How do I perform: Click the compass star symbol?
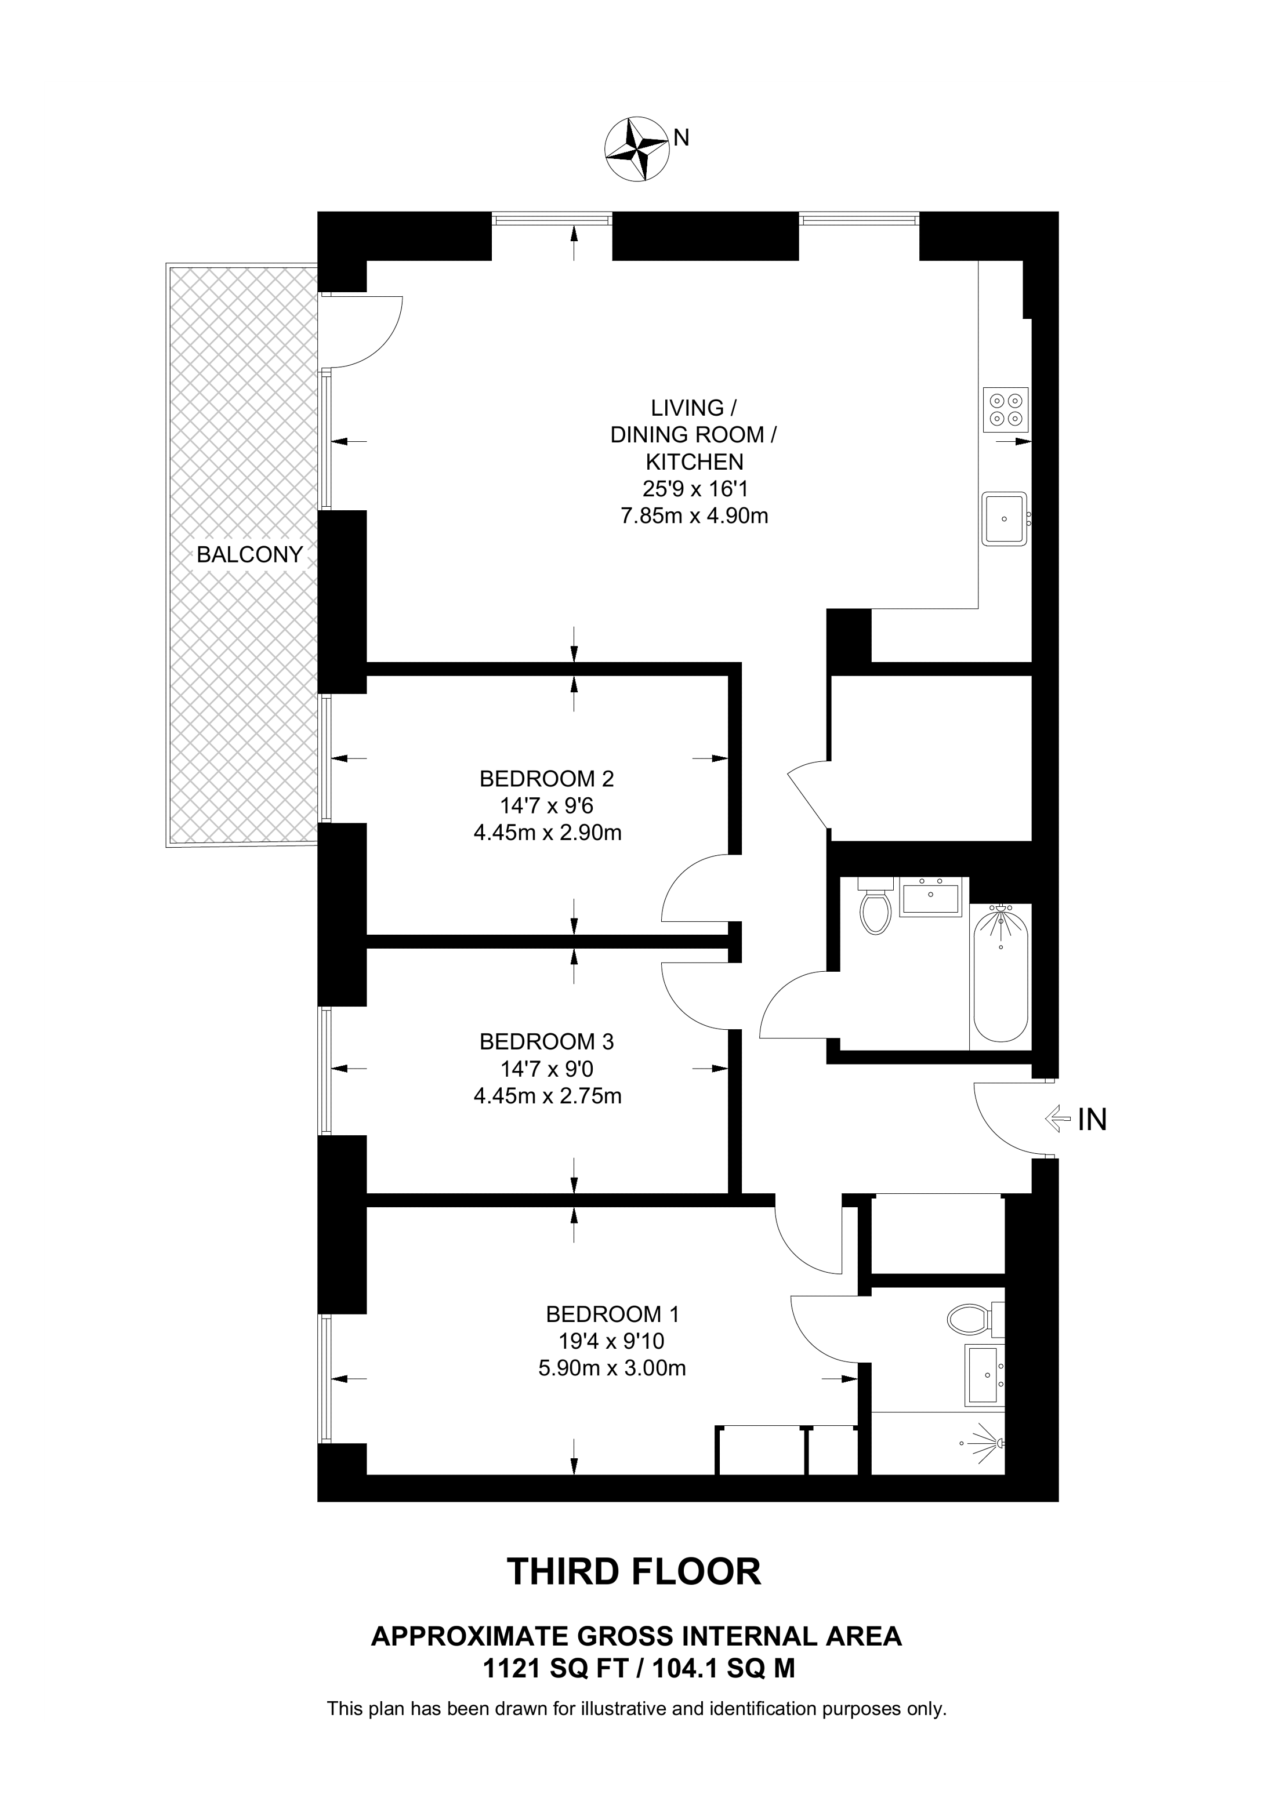(637, 150)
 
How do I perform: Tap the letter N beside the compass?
(681, 137)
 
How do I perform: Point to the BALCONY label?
(249, 555)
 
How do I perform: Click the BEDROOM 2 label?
(546, 779)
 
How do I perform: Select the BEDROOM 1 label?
(612, 1314)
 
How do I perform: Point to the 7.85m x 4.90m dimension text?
(694, 517)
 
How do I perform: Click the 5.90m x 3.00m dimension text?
(612, 1368)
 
